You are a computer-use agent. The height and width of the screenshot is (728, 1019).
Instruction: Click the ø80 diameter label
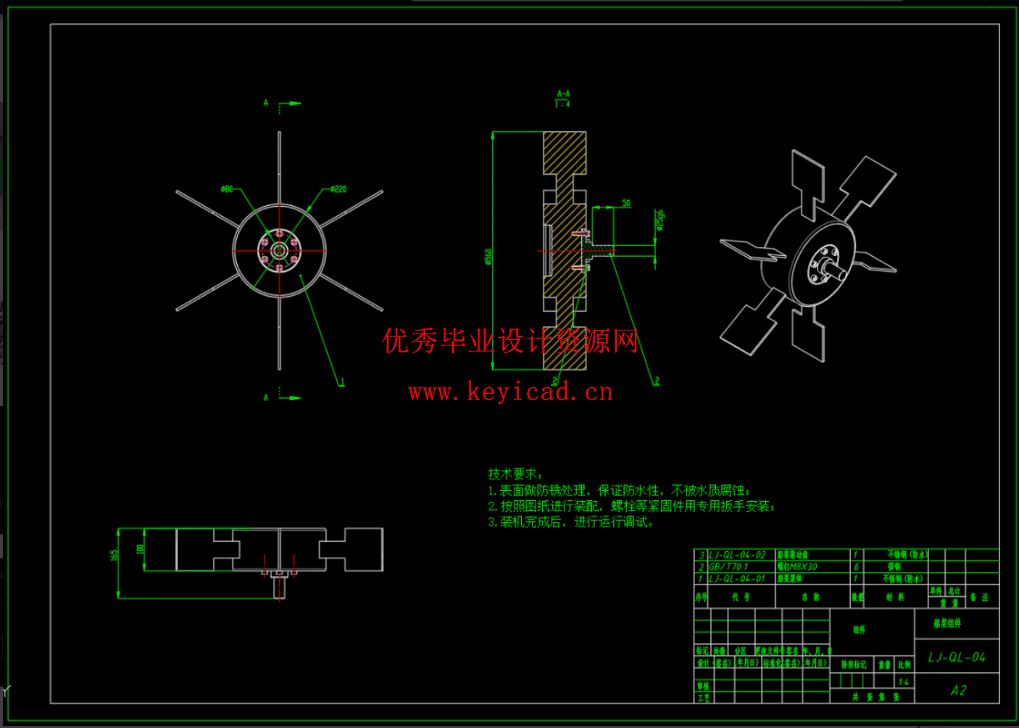click(227, 189)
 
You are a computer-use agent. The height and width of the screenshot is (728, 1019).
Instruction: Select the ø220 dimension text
click(338, 189)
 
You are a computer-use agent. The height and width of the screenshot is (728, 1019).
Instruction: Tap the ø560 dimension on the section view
click(488, 256)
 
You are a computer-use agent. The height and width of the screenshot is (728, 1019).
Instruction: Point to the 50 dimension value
click(626, 203)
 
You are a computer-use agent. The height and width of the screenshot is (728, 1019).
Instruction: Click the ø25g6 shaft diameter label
click(660, 220)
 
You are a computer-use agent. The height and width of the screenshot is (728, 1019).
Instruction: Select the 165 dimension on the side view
click(114, 555)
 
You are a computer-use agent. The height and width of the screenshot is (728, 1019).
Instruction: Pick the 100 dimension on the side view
click(140, 549)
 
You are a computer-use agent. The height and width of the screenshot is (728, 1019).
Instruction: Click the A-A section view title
click(563, 94)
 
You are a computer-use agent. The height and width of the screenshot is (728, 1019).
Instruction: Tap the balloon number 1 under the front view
click(342, 382)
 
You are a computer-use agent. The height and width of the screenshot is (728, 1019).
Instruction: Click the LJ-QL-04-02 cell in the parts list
click(737, 555)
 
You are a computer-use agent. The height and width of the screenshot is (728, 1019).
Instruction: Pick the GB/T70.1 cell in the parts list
click(728, 566)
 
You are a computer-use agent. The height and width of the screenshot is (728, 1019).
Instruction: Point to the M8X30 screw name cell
click(797, 566)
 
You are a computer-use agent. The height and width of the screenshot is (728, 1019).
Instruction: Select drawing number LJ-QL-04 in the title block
click(957, 657)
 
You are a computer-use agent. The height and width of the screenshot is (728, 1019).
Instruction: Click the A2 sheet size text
click(958, 690)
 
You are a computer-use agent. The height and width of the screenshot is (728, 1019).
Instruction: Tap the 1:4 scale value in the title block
click(903, 682)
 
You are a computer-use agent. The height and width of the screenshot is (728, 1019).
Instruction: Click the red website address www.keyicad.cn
click(511, 392)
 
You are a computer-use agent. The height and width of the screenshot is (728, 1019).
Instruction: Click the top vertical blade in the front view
click(279, 167)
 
